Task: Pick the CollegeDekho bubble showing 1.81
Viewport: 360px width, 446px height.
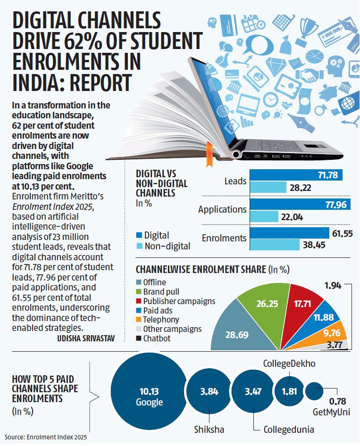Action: pos(288,392)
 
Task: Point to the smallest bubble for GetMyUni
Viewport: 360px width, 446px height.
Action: pos(314,391)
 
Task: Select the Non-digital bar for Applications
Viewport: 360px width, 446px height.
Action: pos(264,217)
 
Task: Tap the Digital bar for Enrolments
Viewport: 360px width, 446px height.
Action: pos(289,233)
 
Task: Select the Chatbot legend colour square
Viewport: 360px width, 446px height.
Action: pos(139,339)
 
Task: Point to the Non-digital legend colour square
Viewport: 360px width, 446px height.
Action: pos(139,246)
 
